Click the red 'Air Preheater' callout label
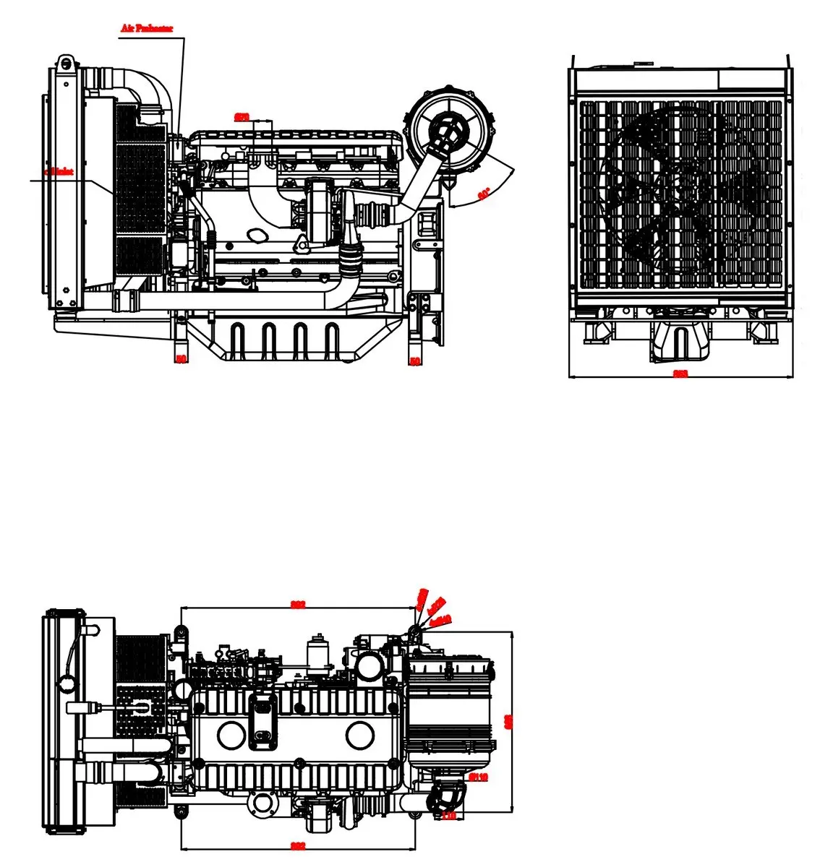click(146, 29)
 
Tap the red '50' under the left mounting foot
click(181, 358)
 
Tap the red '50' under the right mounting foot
click(414, 361)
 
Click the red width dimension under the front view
click(680, 374)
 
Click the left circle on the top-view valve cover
click(231, 736)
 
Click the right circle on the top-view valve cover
click(359, 736)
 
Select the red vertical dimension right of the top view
click(508, 720)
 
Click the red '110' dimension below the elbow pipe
click(448, 816)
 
